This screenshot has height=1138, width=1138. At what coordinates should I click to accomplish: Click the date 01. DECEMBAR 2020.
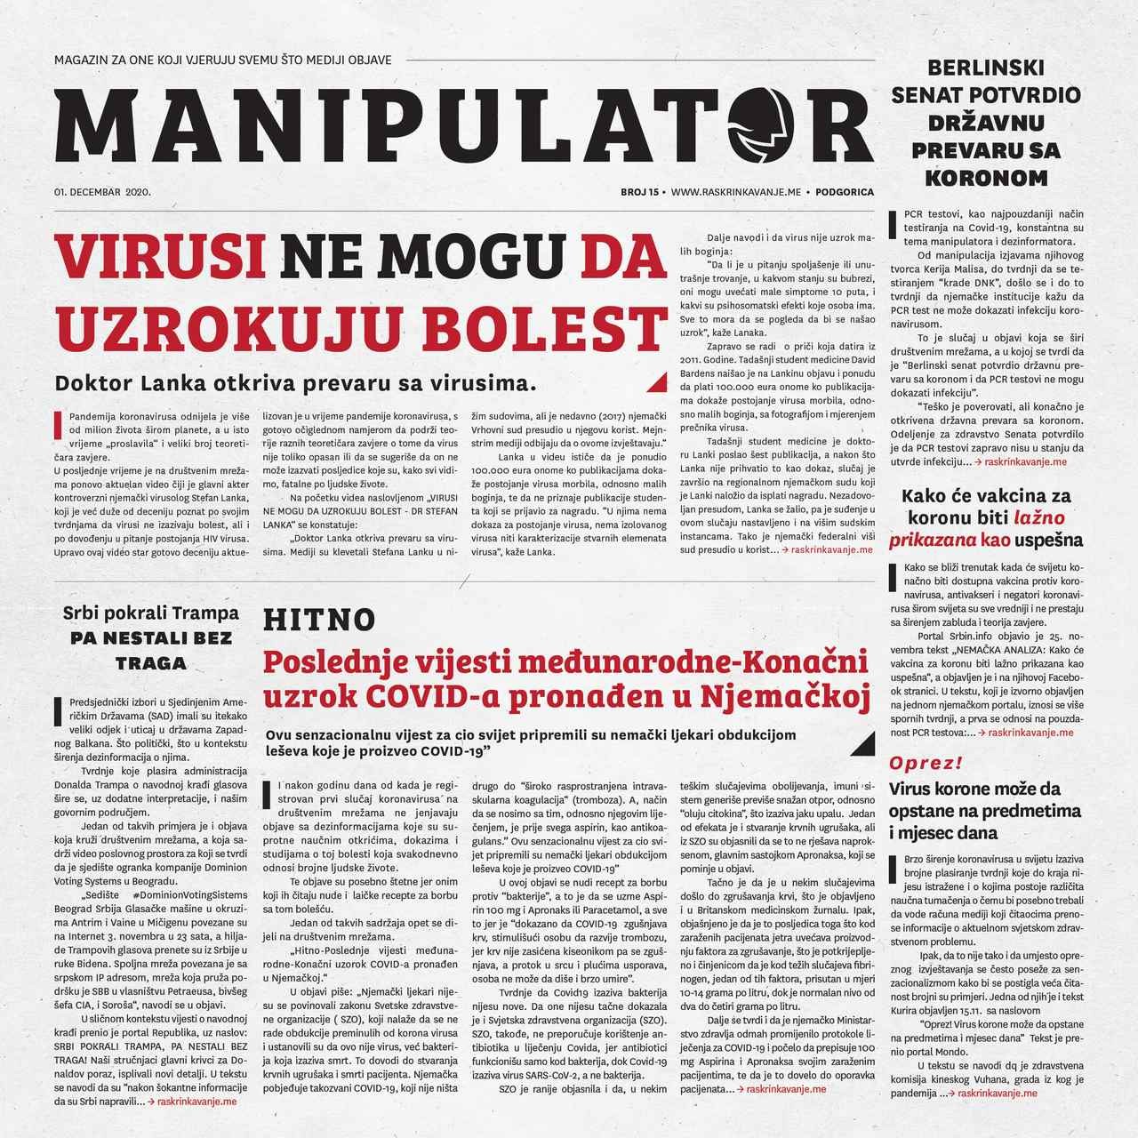[102, 192]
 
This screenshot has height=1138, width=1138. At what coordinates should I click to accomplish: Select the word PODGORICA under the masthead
[844, 192]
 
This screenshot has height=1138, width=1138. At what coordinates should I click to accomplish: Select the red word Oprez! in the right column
[926, 763]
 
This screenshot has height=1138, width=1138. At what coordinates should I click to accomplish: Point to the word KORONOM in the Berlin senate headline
[986, 177]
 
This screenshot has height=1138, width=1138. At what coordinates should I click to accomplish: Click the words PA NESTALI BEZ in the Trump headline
[151, 637]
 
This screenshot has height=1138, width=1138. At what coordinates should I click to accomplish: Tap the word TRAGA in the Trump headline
[151, 662]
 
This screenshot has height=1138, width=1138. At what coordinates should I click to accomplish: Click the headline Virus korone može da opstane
[974, 789]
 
